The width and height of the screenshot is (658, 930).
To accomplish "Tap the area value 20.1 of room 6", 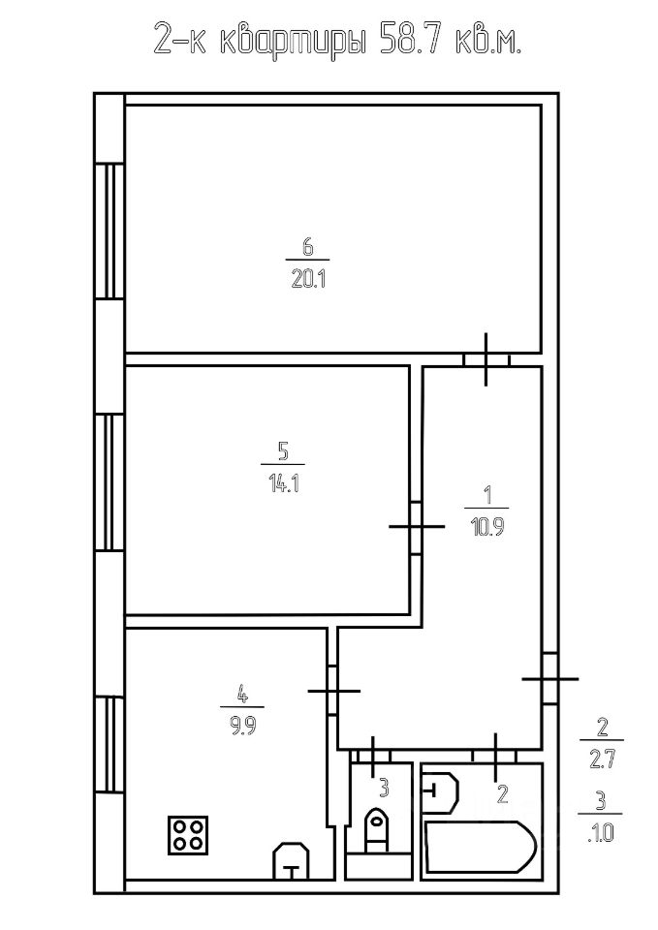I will pyautogui.click(x=305, y=281).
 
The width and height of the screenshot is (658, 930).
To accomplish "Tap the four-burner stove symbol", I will pyautogui.click(x=188, y=834).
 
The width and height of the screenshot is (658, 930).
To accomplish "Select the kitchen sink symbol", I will pyautogui.click(x=292, y=860).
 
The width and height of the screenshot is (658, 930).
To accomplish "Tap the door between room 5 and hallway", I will pyautogui.click(x=416, y=527).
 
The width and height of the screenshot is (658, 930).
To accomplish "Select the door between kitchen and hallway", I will pyautogui.click(x=332, y=690).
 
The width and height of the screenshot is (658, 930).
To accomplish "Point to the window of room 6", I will pyautogui.click(x=110, y=232).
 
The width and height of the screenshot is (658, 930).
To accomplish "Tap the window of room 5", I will pyautogui.click(x=110, y=482).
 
